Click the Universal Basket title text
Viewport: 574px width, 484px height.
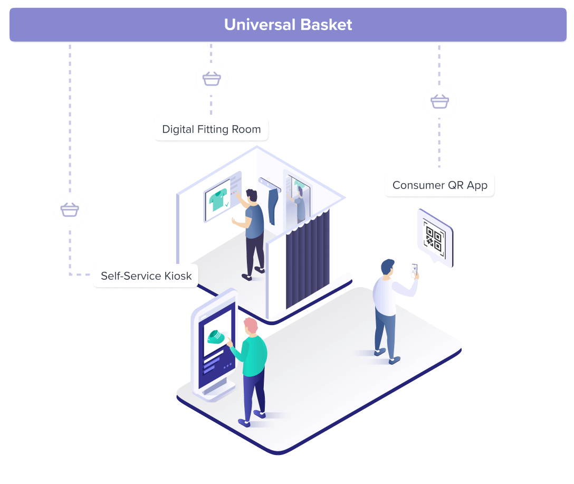(288, 25)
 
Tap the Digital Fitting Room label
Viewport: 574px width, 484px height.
(211, 129)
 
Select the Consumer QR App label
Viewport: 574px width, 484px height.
(439, 185)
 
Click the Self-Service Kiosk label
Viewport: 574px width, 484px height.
(146, 276)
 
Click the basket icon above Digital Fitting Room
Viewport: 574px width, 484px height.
(212, 79)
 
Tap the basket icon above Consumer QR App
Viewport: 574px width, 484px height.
(439, 101)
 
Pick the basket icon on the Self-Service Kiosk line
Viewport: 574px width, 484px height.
(70, 210)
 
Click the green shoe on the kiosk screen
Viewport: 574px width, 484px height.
(216, 336)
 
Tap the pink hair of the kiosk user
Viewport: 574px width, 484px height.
(251, 325)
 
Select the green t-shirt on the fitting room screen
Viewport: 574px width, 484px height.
(217, 200)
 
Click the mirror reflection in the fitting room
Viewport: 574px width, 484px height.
(299, 203)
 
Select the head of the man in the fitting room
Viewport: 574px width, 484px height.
(252, 196)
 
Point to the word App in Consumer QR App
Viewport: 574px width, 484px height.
(477, 186)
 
